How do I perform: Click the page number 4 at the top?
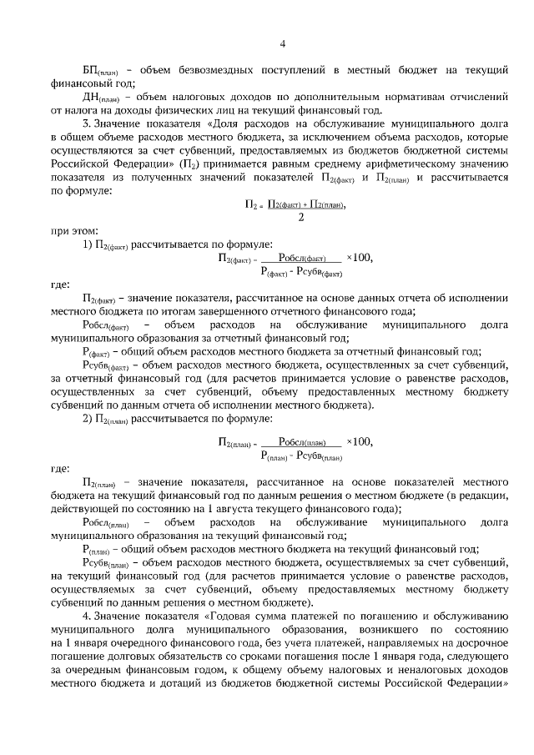coord(282,44)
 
